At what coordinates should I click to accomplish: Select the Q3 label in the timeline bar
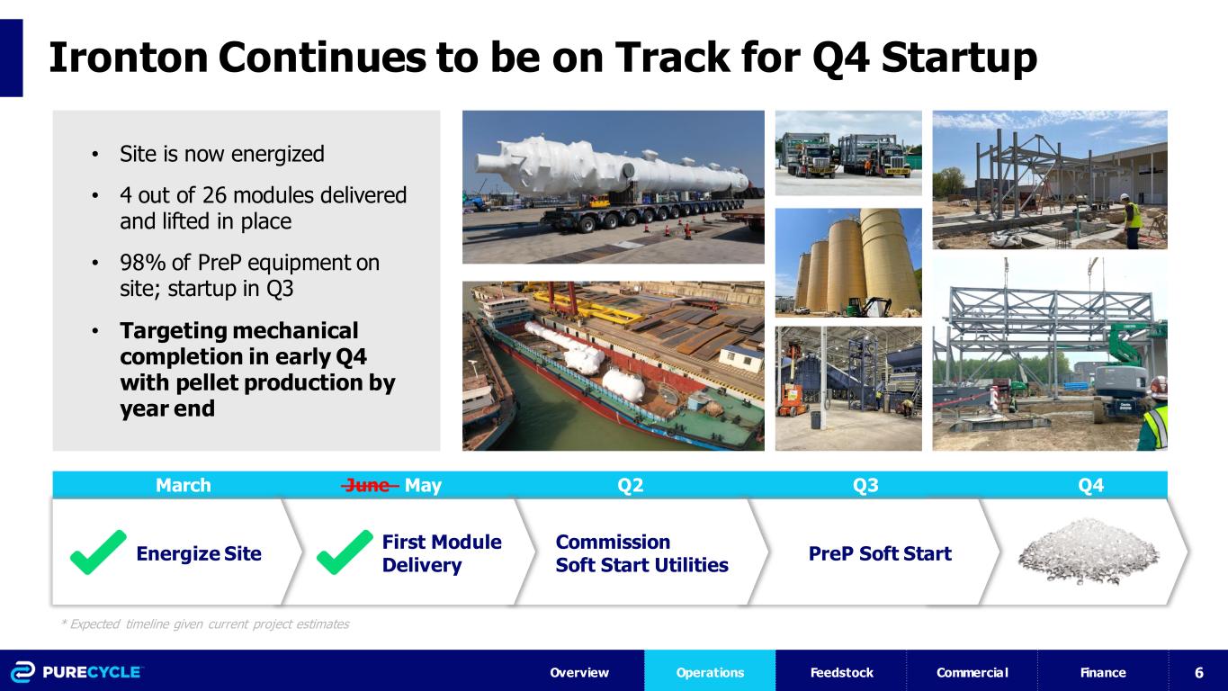coord(865,485)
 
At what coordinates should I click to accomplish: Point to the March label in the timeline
coord(184,485)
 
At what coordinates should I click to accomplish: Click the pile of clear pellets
coord(1089,552)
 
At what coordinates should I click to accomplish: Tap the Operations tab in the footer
coord(710,672)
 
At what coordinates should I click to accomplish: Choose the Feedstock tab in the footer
coord(841,672)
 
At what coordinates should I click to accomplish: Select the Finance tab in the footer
coord(1103,672)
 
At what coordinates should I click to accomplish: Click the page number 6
coord(1199,672)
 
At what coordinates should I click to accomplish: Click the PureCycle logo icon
coord(23,672)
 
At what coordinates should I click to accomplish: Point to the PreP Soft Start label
coord(880,553)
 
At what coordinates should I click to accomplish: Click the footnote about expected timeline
coord(205,624)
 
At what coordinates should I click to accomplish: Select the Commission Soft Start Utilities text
coord(642,553)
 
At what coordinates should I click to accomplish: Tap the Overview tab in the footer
coord(579,672)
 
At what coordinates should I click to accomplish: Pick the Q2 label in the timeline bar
coord(631,485)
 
